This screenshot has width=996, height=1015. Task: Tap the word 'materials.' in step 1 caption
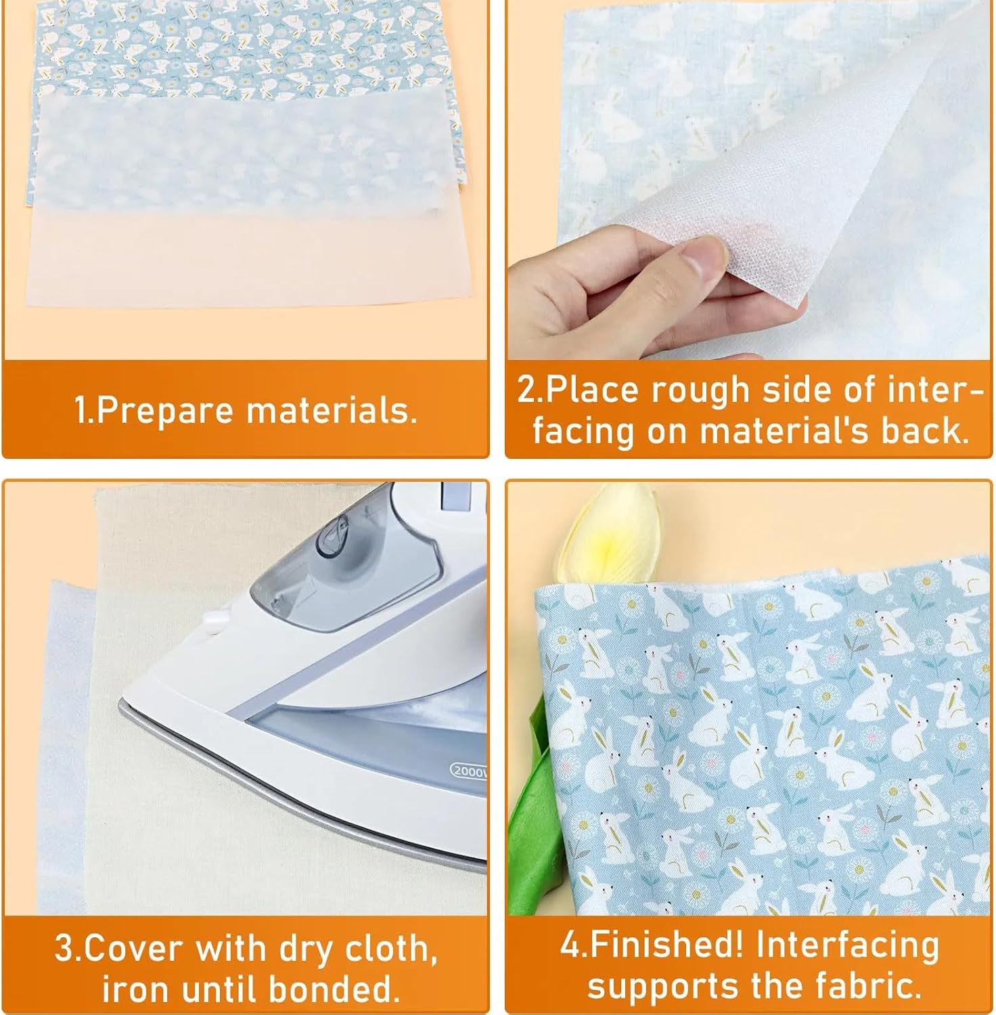click(332, 411)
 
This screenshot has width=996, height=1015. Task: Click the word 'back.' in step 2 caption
click(924, 431)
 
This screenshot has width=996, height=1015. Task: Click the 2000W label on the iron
click(468, 771)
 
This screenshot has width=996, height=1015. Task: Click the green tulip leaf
click(535, 812)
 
